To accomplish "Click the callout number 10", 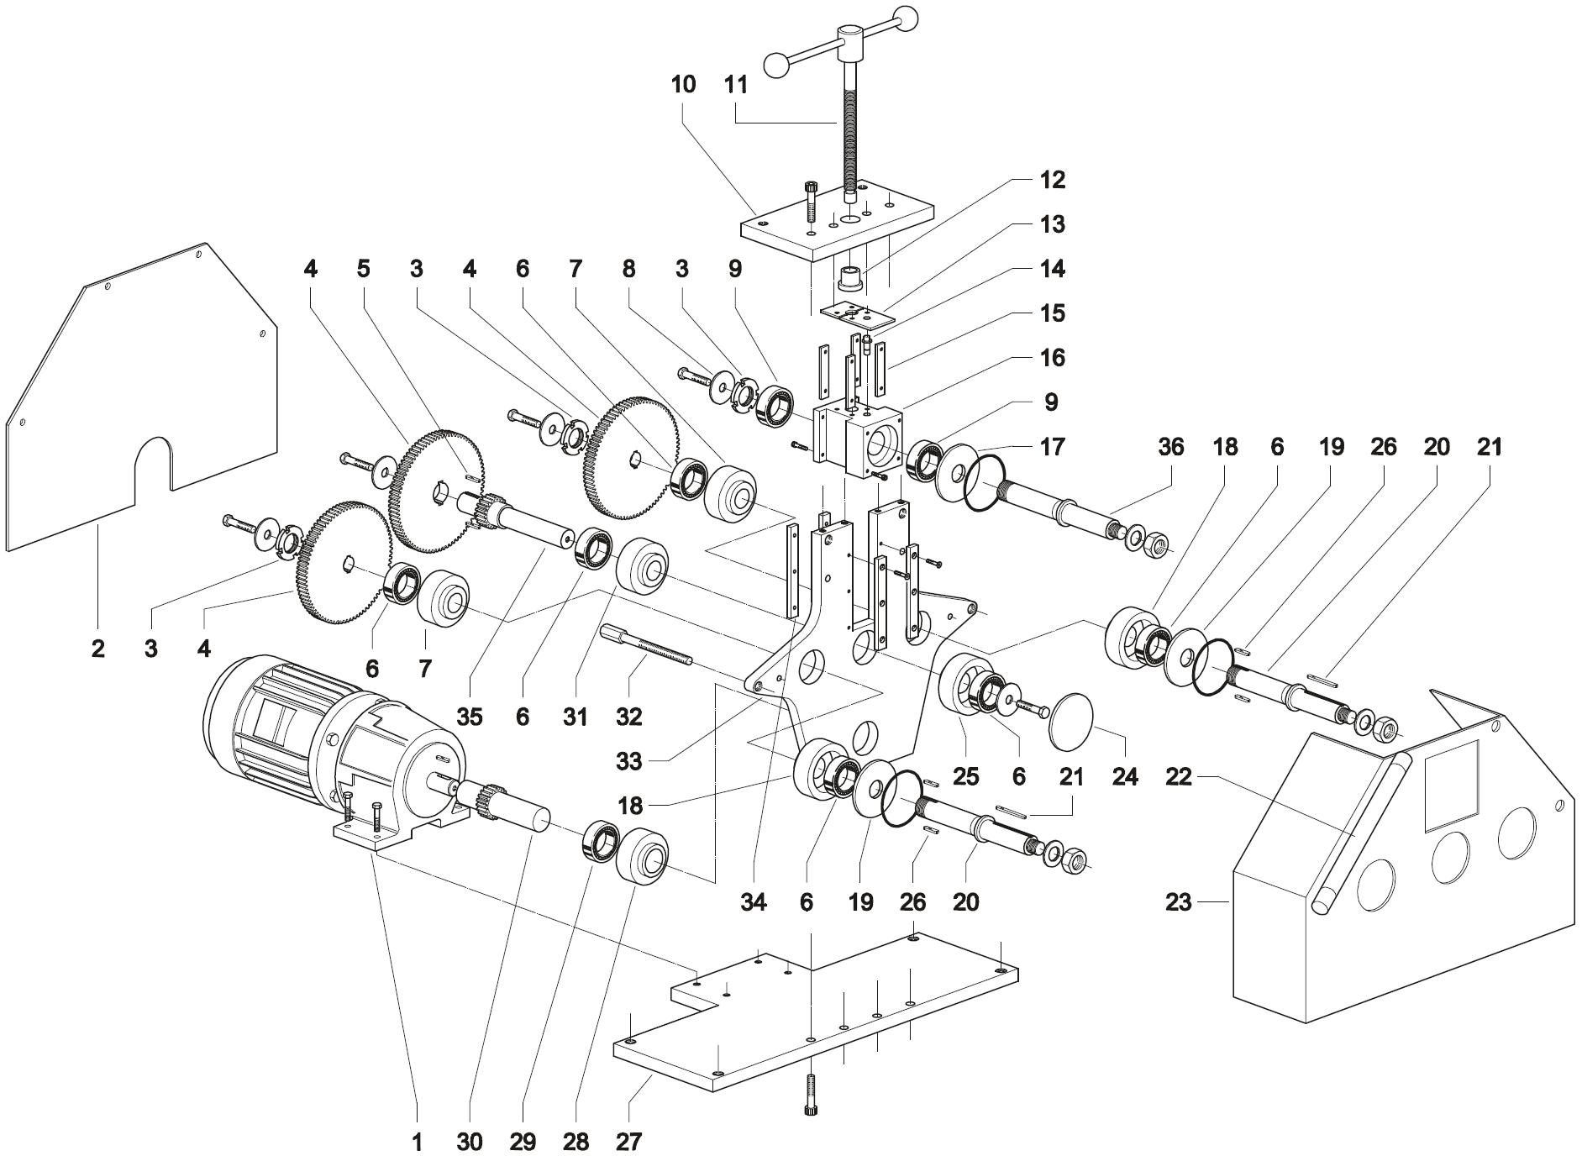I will coord(683,85).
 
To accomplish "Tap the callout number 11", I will coord(736,85).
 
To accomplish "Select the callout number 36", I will coord(1170,447).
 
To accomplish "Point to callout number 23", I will coord(1178,903).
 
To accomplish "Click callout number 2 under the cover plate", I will coord(98,649).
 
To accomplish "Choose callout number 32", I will coord(628,717).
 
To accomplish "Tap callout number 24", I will coord(1125,777).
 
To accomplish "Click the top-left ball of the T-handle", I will coord(777,62).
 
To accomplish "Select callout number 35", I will coord(469,717).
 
